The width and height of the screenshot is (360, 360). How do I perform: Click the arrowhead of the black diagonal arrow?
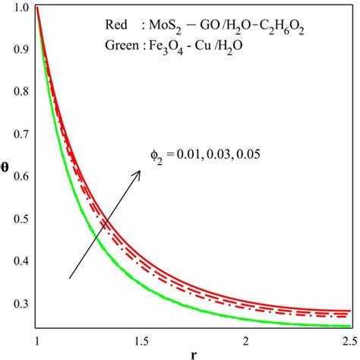coord(138,173)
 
